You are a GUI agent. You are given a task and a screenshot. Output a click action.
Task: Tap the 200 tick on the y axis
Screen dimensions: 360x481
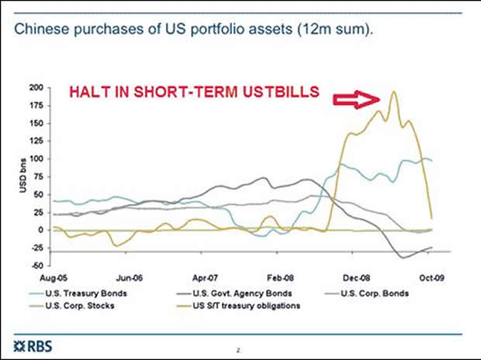click(x=36, y=87)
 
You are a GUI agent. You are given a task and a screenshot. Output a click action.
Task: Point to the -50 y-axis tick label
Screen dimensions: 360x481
click(x=36, y=265)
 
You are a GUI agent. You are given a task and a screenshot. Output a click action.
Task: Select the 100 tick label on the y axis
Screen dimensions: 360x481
click(x=36, y=158)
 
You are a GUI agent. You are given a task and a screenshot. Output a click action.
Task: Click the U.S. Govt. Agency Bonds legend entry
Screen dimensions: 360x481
click(x=232, y=294)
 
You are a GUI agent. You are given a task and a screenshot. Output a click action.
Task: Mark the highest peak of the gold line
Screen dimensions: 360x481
click(x=393, y=92)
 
